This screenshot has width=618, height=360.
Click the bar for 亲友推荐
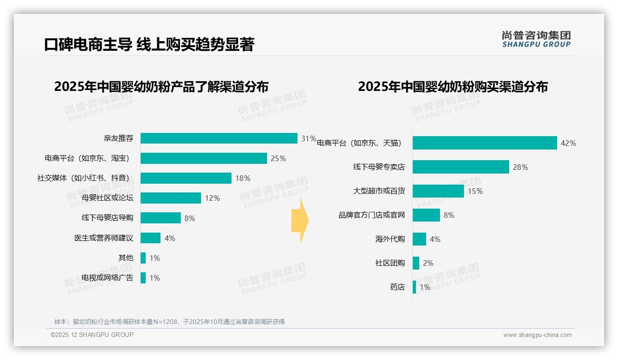pos(219,138)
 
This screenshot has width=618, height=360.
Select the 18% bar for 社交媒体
pos(186,178)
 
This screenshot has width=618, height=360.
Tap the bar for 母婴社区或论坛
pos(171,198)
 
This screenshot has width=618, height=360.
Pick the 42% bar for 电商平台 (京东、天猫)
pos(484,143)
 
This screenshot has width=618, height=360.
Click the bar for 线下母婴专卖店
pos(460,167)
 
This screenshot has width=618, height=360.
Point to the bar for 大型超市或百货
pos(438,191)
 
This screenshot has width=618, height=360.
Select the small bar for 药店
pos(414,287)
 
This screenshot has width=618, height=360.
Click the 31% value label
pos(309,138)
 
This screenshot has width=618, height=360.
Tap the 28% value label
pos(520,167)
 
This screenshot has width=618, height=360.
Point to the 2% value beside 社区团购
pos(428,263)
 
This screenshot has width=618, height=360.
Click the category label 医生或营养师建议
pos(104,238)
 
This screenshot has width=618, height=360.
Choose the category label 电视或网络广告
pos(107,278)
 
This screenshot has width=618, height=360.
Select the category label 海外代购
pos(390,239)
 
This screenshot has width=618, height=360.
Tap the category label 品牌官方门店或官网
pos(372,215)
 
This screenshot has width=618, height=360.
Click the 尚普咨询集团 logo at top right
pos(536,39)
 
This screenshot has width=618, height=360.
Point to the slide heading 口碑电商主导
pos(88,44)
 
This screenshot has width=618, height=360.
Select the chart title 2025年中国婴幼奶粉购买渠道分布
pos(452,87)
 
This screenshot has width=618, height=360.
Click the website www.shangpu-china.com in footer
pos(537,335)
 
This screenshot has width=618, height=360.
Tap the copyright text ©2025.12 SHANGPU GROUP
pos(92,335)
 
